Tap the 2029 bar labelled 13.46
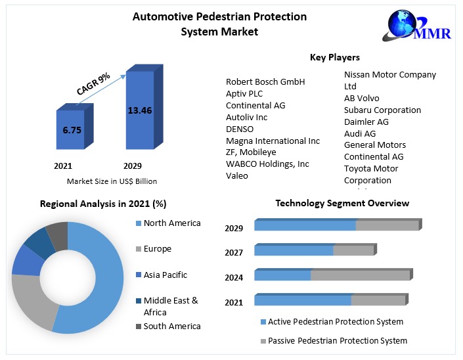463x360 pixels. tap(139, 112)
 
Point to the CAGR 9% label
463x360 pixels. tap(93, 85)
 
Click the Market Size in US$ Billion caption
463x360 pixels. tap(112, 181)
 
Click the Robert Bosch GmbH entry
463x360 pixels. tap(265, 81)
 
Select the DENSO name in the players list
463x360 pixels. tap(240, 129)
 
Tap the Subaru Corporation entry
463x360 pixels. tap(382, 110)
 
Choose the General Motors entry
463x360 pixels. tap(375, 145)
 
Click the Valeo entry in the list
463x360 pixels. tap(237, 175)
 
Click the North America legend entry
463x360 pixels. tap(171, 223)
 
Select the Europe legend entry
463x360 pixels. tap(157, 249)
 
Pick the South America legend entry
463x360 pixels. tap(171, 326)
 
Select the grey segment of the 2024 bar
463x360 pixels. tap(360, 275)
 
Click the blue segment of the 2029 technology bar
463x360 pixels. tap(305, 225)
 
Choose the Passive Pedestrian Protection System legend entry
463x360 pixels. tap(337, 340)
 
